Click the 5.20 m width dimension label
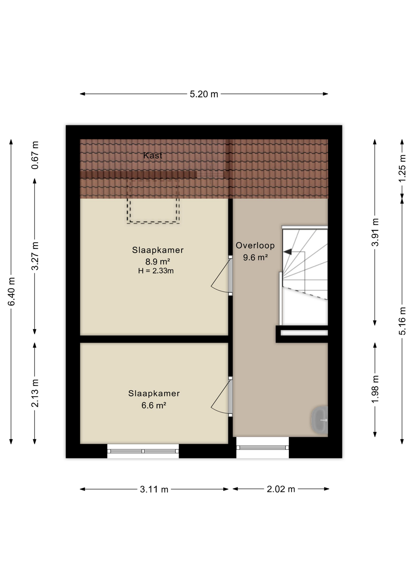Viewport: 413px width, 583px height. pyautogui.click(x=204, y=94)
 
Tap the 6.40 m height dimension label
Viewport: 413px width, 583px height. pyautogui.click(x=12, y=291)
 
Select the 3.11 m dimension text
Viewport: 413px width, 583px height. pyautogui.click(x=154, y=489)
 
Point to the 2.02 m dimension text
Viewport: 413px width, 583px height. pyautogui.click(x=281, y=489)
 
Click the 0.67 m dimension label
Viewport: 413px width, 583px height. pyautogui.click(x=35, y=155)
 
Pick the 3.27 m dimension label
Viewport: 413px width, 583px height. pyautogui.click(x=35, y=256)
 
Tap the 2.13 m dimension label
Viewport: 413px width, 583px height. pyautogui.click(x=35, y=393)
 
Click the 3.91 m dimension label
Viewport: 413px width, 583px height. pyautogui.click(x=375, y=232)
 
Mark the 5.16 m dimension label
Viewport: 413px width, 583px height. pyautogui.click(x=402, y=321)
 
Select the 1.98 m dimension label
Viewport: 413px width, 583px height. pyautogui.click(x=375, y=389)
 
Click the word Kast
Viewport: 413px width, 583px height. pyautogui.click(x=153, y=155)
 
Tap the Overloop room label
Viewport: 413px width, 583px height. pyautogui.click(x=255, y=245)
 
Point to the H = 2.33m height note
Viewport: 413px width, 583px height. pyautogui.click(x=156, y=271)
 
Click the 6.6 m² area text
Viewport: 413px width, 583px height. pyautogui.click(x=154, y=405)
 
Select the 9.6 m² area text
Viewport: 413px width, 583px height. pyautogui.click(x=255, y=257)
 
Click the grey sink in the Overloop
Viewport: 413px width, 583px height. pyautogui.click(x=320, y=420)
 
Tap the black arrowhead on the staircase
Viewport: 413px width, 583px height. pyautogui.click(x=287, y=252)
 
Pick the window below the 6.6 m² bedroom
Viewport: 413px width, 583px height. pyautogui.click(x=143, y=451)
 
